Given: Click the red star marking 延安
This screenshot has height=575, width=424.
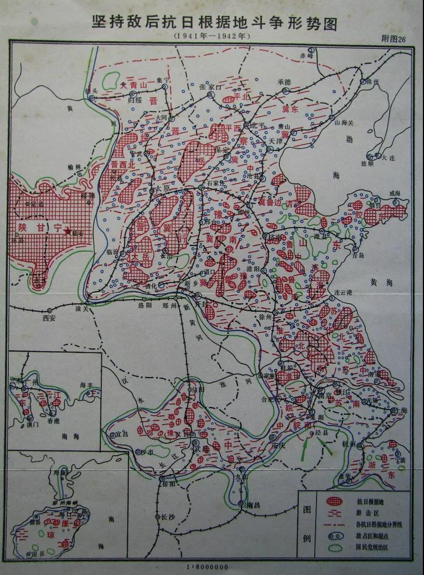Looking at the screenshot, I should click(68, 231).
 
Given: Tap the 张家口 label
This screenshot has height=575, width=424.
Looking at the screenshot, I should click(208, 87).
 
